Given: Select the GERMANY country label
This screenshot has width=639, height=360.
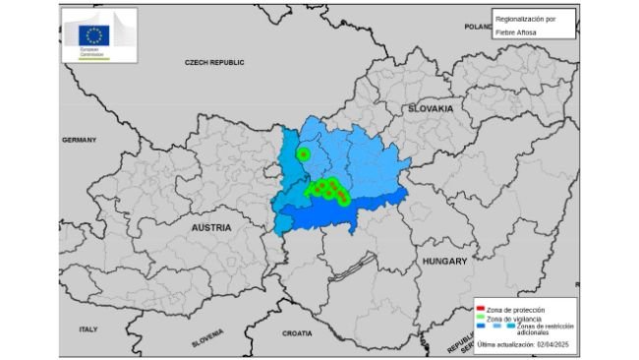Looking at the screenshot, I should [x=79, y=140].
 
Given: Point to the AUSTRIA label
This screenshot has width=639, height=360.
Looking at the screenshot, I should [x=211, y=227].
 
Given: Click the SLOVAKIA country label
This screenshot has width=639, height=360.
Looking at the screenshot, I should [x=431, y=108].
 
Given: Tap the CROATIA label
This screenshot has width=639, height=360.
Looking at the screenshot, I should [x=297, y=333].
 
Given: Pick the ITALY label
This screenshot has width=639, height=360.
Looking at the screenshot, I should [x=88, y=329].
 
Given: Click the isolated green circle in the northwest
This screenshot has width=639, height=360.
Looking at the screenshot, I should [x=304, y=154].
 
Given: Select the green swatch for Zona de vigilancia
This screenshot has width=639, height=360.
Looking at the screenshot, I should [x=479, y=319].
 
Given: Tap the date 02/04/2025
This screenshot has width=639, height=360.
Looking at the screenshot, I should [x=553, y=344].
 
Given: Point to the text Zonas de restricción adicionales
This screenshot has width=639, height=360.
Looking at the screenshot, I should [x=537, y=330].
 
